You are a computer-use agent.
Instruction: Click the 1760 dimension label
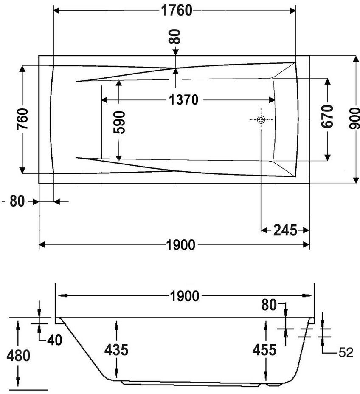pyautogui.click(x=177, y=11)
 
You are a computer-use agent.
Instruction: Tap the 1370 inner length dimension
pyautogui.click(x=183, y=100)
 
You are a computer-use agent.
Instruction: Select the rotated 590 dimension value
pyautogui.click(x=119, y=122)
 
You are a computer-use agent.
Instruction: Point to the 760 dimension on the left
pyautogui.click(x=22, y=119)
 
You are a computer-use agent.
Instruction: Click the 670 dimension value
pyautogui.click(x=327, y=116)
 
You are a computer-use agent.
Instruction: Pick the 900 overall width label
pyautogui.click(x=354, y=118)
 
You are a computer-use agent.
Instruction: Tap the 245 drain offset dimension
pyautogui.click(x=285, y=230)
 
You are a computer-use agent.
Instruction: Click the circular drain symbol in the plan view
pyautogui.click(x=261, y=119)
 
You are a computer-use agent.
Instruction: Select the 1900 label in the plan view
pyautogui.click(x=181, y=245)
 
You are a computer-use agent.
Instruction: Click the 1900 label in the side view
pyautogui.click(x=185, y=296)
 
